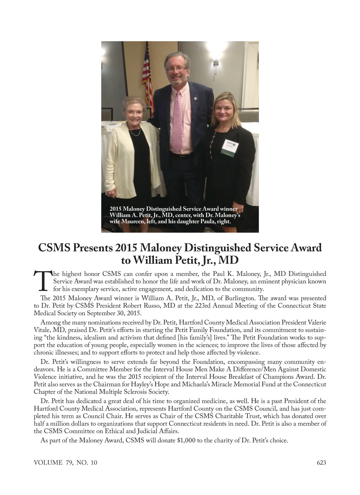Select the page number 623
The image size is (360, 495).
(x=321, y=463)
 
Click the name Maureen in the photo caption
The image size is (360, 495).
(x=133, y=222)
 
